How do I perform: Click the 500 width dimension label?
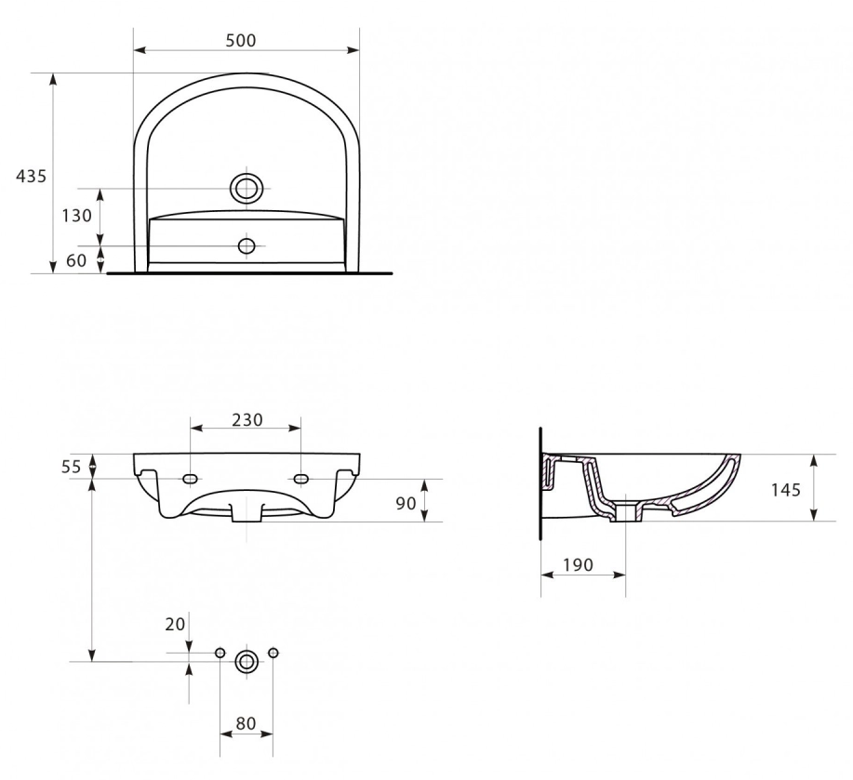click(240, 40)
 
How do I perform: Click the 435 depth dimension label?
click(32, 176)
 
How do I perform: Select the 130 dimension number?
click(76, 216)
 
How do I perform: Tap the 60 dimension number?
click(76, 261)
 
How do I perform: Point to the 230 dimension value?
click(247, 419)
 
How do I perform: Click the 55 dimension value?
click(71, 467)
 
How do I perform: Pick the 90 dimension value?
click(406, 503)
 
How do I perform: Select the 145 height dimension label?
click(785, 490)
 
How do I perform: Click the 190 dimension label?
click(577, 565)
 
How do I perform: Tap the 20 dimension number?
click(175, 625)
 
